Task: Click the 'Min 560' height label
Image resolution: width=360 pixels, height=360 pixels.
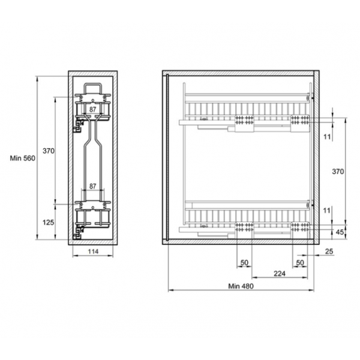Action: click(x=23, y=158)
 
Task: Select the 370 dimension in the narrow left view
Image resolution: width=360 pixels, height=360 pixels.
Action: click(x=49, y=151)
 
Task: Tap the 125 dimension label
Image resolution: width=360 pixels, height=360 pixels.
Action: click(x=48, y=222)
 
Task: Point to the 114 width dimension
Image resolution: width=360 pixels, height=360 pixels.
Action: click(x=93, y=251)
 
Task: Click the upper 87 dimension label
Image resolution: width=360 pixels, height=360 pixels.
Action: click(x=92, y=110)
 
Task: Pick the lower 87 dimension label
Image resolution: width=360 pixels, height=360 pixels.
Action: click(x=92, y=186)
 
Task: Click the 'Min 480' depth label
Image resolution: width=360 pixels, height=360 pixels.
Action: click(x=241, y=286)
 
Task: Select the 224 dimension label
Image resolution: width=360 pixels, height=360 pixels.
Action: click(x=280, y=274)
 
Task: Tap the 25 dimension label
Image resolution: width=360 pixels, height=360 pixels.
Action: click(x=329, y=251)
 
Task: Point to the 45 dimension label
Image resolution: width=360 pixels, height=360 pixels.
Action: click(x=340, y=232)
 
